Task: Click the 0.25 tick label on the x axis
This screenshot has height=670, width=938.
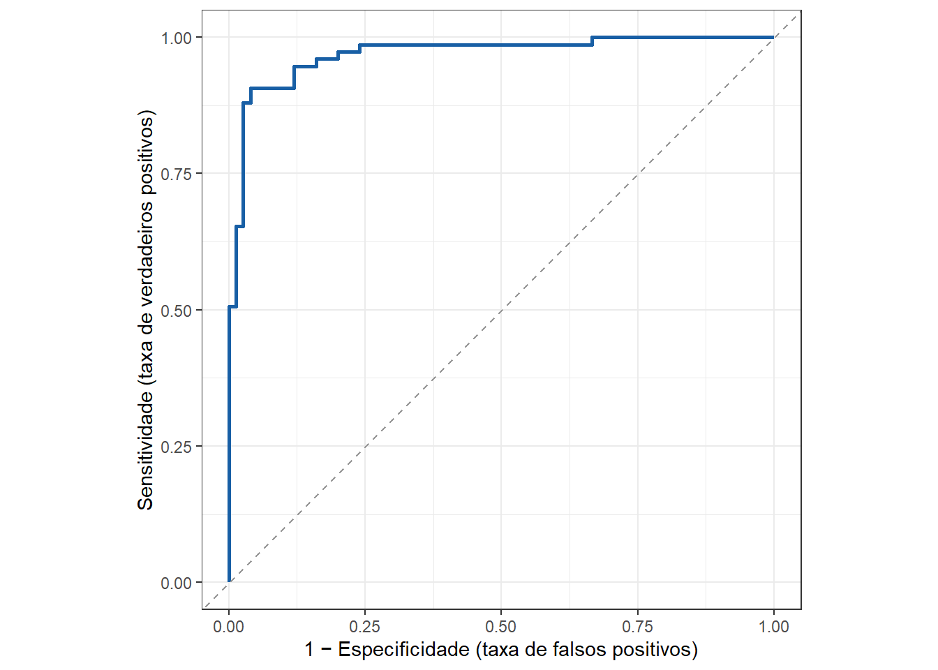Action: click(x=364, y=627)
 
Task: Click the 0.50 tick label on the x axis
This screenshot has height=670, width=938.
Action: click(x=500, y=627)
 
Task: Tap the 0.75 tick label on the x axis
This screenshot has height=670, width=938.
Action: click(x=637, y=627)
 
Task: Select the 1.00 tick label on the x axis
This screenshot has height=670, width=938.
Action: click(x=773, y=627)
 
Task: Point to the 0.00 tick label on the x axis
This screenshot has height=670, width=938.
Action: click(x=228, y=627)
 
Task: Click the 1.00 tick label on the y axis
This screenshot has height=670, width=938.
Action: click(x=176, y=38)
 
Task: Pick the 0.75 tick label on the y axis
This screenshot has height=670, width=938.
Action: click(x=176, y=174)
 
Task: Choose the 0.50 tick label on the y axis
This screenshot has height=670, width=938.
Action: click(x=176, y=311)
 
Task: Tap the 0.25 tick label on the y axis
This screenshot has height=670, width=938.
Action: click(x=176, y=447)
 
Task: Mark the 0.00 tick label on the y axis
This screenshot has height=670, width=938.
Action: click(x=176, y=583)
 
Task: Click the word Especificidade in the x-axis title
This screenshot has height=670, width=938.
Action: click(x=403, y=650)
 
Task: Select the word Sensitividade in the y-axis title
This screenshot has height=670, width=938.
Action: click(x=145, y=450)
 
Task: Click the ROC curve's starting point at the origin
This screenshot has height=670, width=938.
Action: click(x=229, y=581)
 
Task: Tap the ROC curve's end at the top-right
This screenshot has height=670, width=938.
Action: click(x=773, y=37)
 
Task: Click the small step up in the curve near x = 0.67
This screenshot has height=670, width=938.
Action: click(x=592, y=40)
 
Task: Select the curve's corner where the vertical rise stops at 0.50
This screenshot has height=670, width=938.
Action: click(x=229, y=306)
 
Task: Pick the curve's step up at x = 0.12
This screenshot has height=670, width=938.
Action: click(x=294, y=77)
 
